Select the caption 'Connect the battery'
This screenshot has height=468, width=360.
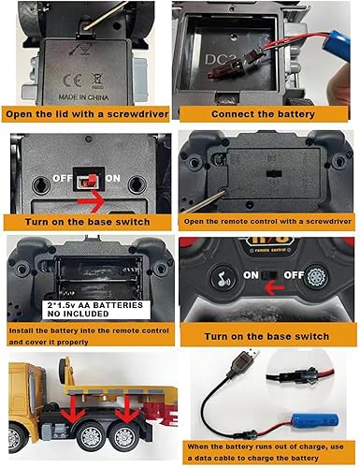[x=268, y=116]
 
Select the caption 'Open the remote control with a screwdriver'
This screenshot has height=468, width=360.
[x=267, y=221]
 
